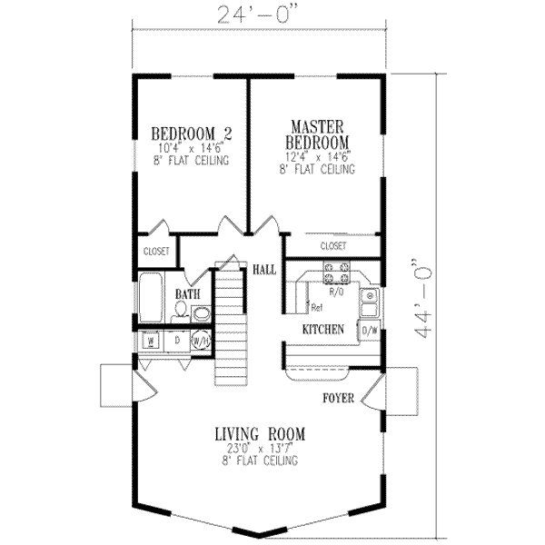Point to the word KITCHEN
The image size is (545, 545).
click(x=322, y=330)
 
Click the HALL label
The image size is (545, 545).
click(x=264, y=270)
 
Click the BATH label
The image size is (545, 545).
click(x=187, y=294)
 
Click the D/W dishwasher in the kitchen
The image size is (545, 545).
click(x=370, y=331)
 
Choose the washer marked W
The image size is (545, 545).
click(x=151, y=341)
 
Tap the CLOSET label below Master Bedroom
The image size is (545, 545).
click(x=333, y=245)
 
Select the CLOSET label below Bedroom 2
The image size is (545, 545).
click(x=155, y=252)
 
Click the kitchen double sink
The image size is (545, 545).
click(x=369, y=302)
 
